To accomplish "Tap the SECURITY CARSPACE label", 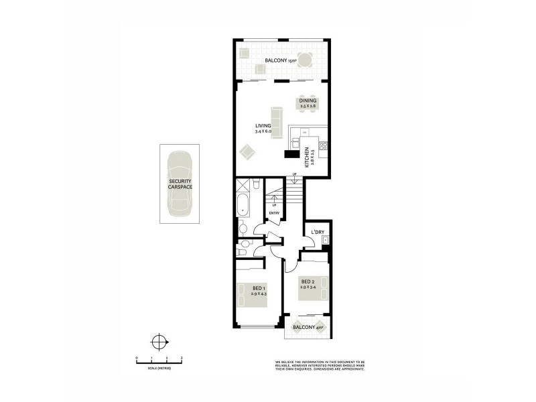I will (180, 184).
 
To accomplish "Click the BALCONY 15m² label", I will (280, 61).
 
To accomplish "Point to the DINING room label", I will (308, 100).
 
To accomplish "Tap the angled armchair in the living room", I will (247, 153).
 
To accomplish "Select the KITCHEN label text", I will (307, 156).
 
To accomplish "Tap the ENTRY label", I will (273, 214).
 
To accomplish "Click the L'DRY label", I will (318, 232).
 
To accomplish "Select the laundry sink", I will (325, 240).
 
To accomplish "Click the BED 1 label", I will (259, 288).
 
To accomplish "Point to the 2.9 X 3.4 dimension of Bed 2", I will (308, 287).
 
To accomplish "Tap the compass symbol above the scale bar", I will (159, 342).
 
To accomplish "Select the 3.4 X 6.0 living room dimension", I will (263, 131).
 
